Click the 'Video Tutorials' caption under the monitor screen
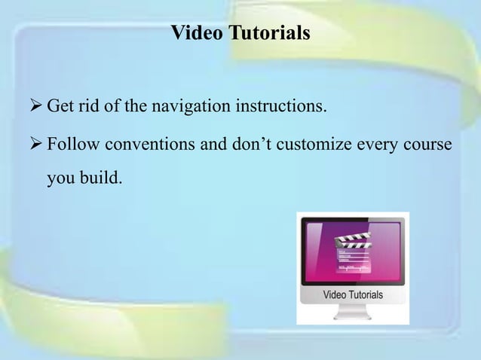[353, 294]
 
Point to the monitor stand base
[352, 316]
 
